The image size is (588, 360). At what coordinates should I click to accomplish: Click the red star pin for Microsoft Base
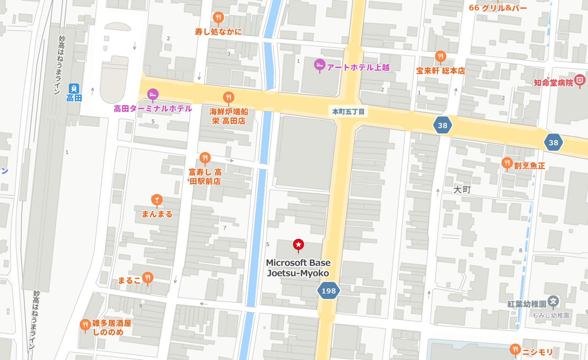point(298,244)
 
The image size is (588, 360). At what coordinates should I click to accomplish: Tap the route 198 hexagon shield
point(328,290)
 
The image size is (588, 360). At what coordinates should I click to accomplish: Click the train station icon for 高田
point(74,88)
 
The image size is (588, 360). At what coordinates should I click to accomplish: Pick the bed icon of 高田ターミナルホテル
point(153,94)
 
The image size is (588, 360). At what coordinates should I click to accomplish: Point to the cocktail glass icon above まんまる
point(157,200)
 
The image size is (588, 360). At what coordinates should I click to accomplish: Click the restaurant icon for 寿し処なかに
point(218,18)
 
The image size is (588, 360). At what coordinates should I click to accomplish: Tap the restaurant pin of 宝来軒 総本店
point(440,56)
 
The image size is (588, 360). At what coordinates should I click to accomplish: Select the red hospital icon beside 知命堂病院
point(580,80)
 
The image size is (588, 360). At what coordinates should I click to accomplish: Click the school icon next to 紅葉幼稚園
point(553,301)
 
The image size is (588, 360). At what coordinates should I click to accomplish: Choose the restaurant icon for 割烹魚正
point(507,163)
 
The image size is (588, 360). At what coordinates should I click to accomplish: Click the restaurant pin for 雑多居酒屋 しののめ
point(85,324)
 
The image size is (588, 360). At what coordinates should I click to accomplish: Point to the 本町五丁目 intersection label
point(348,112)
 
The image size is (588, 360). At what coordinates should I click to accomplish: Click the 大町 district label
point(462,189)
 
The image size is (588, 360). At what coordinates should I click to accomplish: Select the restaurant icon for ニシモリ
point(515,349)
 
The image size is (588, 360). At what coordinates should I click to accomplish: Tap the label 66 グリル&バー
point(498,8)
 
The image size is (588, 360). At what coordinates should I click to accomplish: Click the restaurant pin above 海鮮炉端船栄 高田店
point(228,97)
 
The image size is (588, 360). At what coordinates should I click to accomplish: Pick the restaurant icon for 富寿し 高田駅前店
point(204,157)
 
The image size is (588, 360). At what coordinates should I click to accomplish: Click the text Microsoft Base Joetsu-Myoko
point(298,268)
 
